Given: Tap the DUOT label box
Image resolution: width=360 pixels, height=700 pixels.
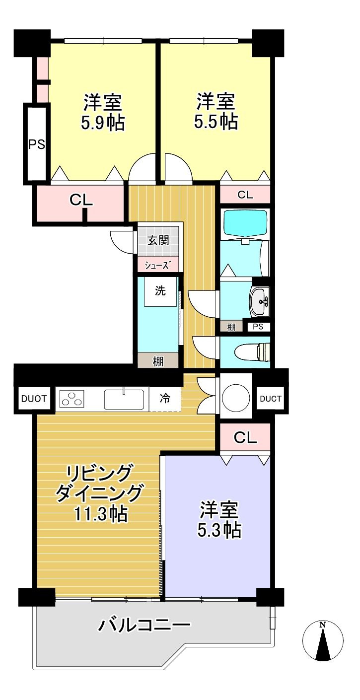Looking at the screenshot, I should click(34, 398).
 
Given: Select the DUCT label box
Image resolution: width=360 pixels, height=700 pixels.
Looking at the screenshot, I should click(271, 398).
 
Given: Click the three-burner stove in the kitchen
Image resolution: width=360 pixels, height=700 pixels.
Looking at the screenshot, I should click(72, 399).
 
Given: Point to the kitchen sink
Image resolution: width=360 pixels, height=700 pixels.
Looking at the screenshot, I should click(124, 399).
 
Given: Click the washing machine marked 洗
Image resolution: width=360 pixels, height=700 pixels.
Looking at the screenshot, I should click(160, 292).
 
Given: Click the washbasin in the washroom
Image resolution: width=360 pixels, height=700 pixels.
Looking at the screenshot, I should click(260, 301).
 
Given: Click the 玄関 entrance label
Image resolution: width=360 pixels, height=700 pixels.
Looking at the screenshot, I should click(158, 240).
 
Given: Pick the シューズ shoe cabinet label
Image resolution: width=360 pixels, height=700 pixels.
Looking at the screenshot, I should click(158, 265).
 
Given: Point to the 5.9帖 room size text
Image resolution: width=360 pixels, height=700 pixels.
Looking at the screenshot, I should click(103, 122).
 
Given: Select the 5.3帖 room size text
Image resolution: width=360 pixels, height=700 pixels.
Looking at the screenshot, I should click(219, 530).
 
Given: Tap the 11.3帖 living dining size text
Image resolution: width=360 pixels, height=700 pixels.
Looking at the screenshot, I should click(101, 514).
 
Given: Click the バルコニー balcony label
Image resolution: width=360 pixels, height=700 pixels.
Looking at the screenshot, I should click(144, 624).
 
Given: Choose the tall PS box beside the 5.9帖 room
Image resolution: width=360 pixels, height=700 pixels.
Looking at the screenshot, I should click(36, 144).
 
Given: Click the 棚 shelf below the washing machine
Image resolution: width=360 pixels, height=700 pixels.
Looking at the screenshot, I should click(158, 361).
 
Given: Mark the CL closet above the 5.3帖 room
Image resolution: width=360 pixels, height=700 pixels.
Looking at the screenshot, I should click(245, 437).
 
